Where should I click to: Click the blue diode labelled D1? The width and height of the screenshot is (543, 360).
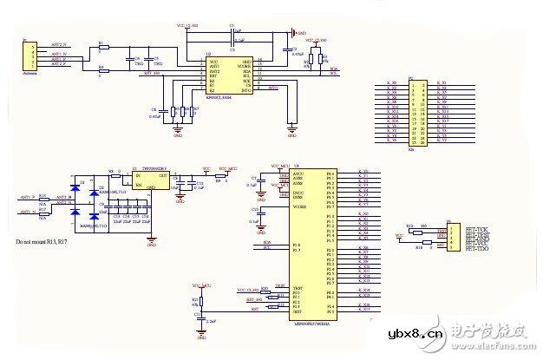75,186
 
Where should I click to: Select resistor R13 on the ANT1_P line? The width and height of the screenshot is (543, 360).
43,199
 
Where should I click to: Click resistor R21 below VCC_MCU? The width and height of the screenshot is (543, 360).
201,300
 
